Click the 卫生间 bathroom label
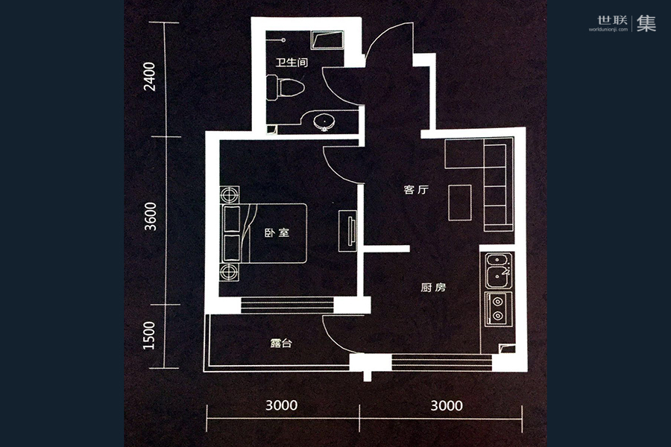292,63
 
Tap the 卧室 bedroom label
277,233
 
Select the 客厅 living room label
415,190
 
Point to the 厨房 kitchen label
432,288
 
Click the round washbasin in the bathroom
324,121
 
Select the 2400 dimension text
151,77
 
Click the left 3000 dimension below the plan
281,406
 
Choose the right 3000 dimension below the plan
446,406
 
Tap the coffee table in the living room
460,201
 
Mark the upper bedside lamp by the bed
229,195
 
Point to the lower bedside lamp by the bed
229,270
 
